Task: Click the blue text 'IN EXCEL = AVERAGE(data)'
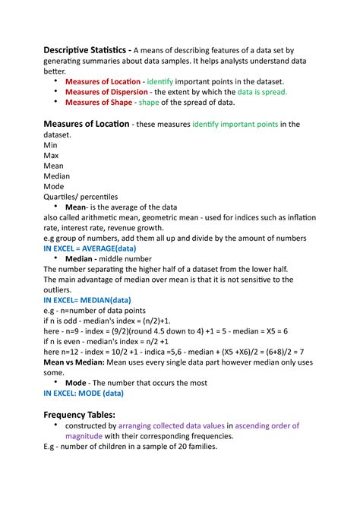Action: (x=90, y=248)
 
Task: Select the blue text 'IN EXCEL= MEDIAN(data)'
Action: (x=85, y=299)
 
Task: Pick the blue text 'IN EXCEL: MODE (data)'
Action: (x=83, y=393)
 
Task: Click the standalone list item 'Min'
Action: (x=51, y=144)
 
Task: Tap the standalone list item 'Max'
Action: (x=52, y=155)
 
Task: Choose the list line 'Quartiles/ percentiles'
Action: (x=81, y=196)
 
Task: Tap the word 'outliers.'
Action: (x=60, y=289)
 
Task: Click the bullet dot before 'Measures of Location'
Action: (x=55, y=81)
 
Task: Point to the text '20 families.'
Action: (x=194, y=447)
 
